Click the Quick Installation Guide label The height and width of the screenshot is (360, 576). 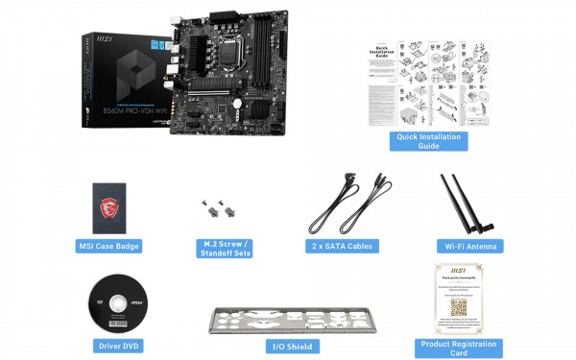427,142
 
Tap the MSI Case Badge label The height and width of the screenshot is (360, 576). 108,247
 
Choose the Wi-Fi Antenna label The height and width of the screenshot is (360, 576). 468,247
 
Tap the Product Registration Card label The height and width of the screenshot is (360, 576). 459,348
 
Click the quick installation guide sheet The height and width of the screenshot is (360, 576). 427,83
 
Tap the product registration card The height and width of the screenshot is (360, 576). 458,298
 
